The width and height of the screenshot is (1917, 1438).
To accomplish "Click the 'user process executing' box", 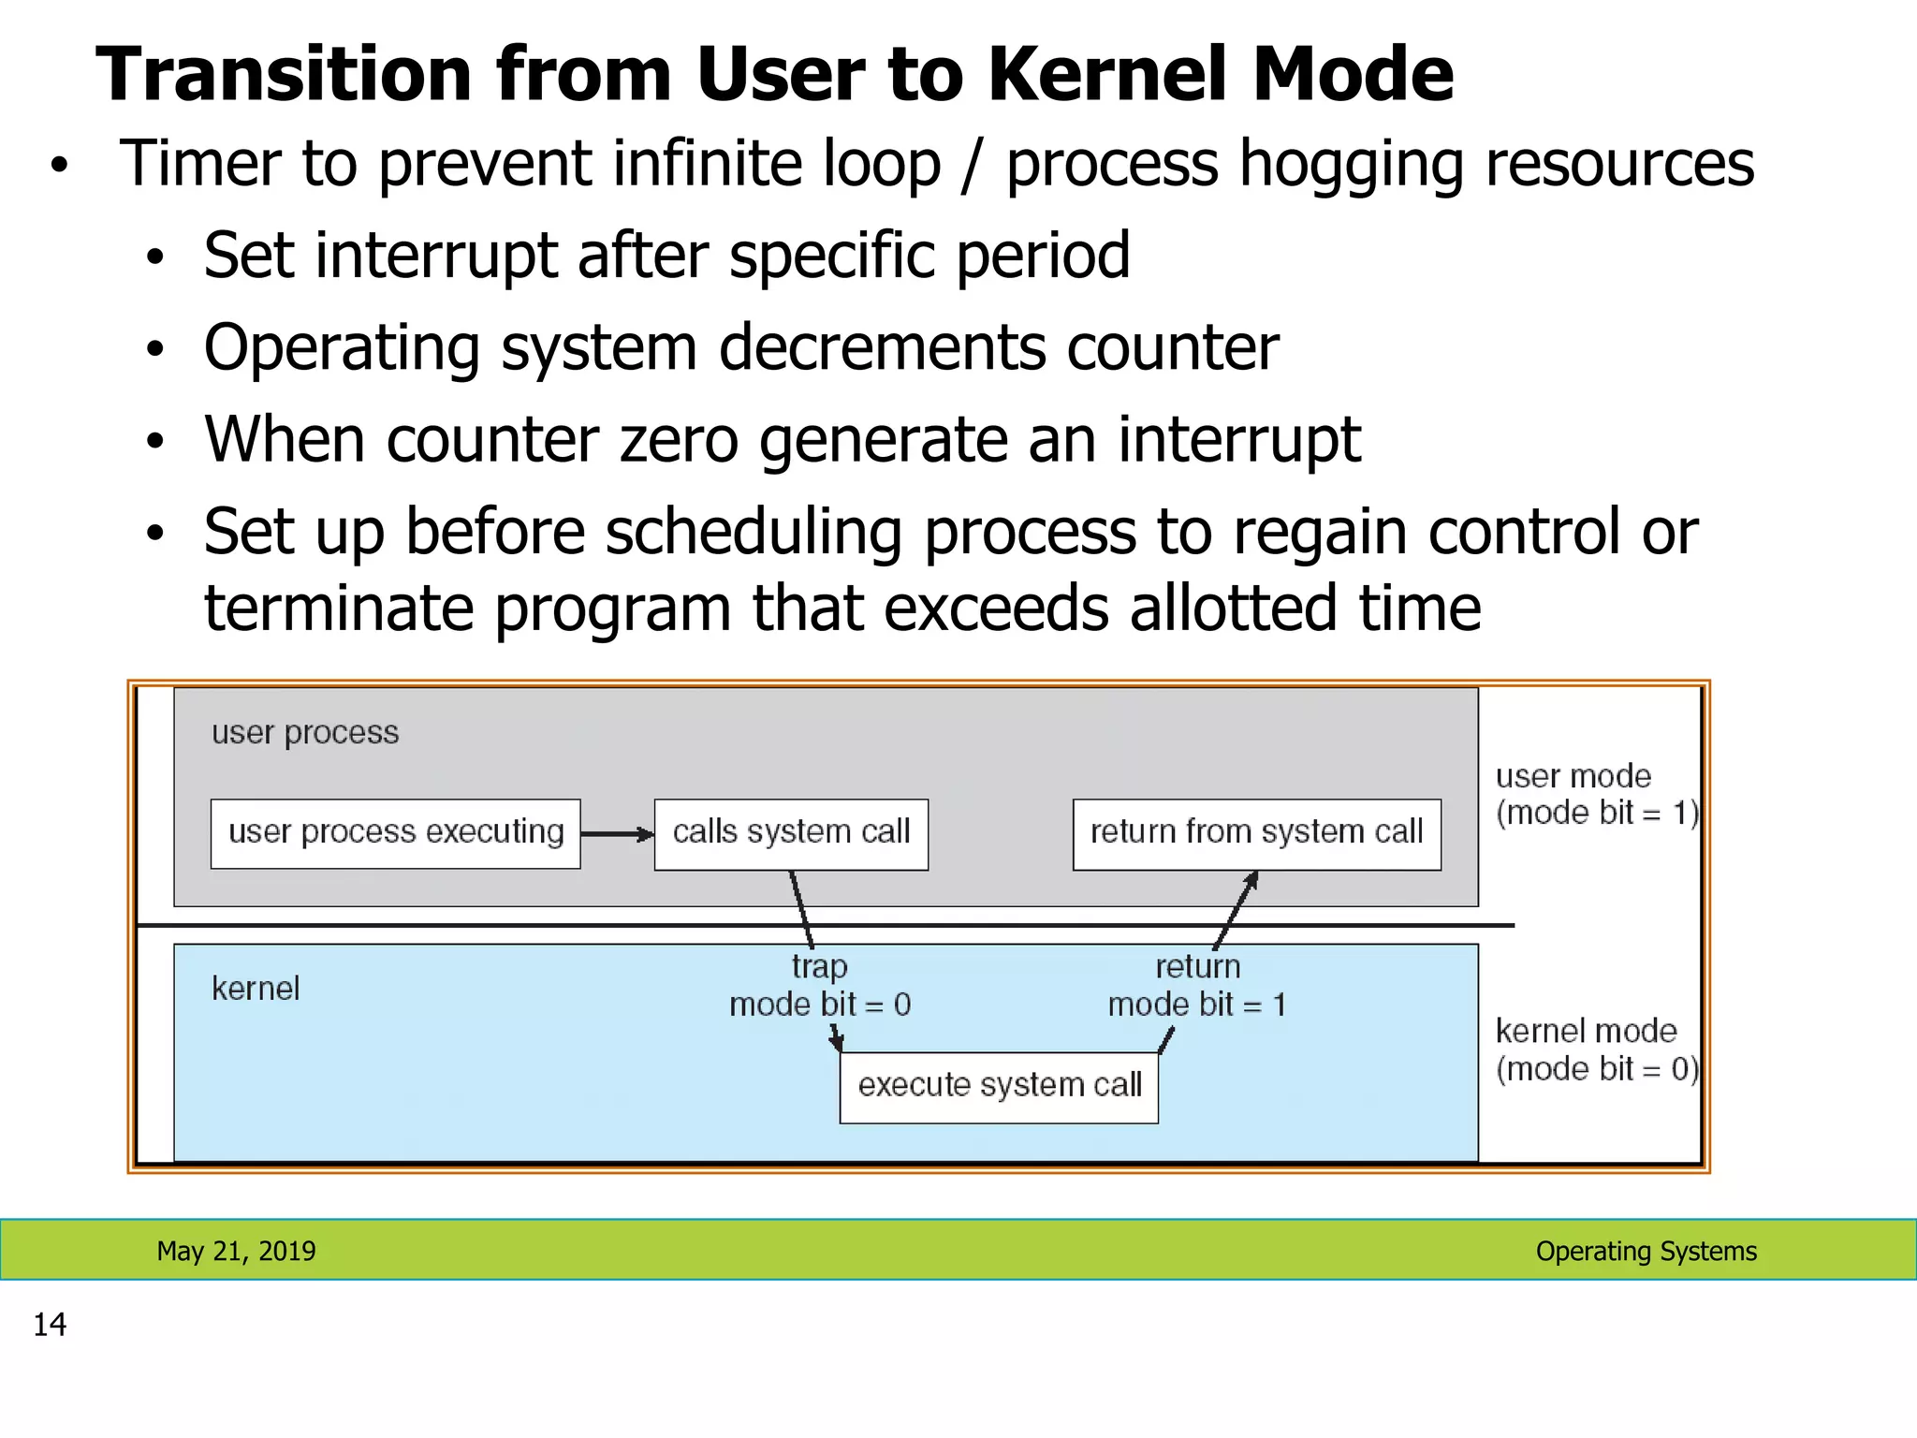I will [x=395, y=833].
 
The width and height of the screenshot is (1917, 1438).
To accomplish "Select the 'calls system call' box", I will [x=791, y=833].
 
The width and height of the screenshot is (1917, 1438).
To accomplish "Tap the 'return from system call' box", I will [x=1256, y=833].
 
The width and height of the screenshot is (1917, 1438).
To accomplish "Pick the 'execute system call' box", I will [x=999, y=1087].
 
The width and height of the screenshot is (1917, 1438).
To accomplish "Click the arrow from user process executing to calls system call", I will [x=616, y=833].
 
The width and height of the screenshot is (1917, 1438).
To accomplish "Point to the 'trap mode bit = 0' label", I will [x=820, y=986].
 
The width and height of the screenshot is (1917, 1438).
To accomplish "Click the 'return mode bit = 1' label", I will [x=1197, y=986].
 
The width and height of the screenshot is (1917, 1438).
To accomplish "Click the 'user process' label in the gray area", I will [x=305, y=732].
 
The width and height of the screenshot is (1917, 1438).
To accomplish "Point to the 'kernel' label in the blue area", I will [x=256, y=989].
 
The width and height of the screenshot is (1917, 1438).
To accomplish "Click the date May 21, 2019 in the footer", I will [x=236, y=1251].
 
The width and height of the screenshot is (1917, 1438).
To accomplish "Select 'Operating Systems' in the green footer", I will [x=1646, y=1251].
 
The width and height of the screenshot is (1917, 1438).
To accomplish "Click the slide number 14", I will [x=50, y=1325].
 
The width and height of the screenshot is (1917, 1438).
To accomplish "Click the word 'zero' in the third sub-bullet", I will [x=679, y=440].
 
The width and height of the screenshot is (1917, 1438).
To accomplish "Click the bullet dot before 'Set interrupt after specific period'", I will [x=155, y=257].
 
